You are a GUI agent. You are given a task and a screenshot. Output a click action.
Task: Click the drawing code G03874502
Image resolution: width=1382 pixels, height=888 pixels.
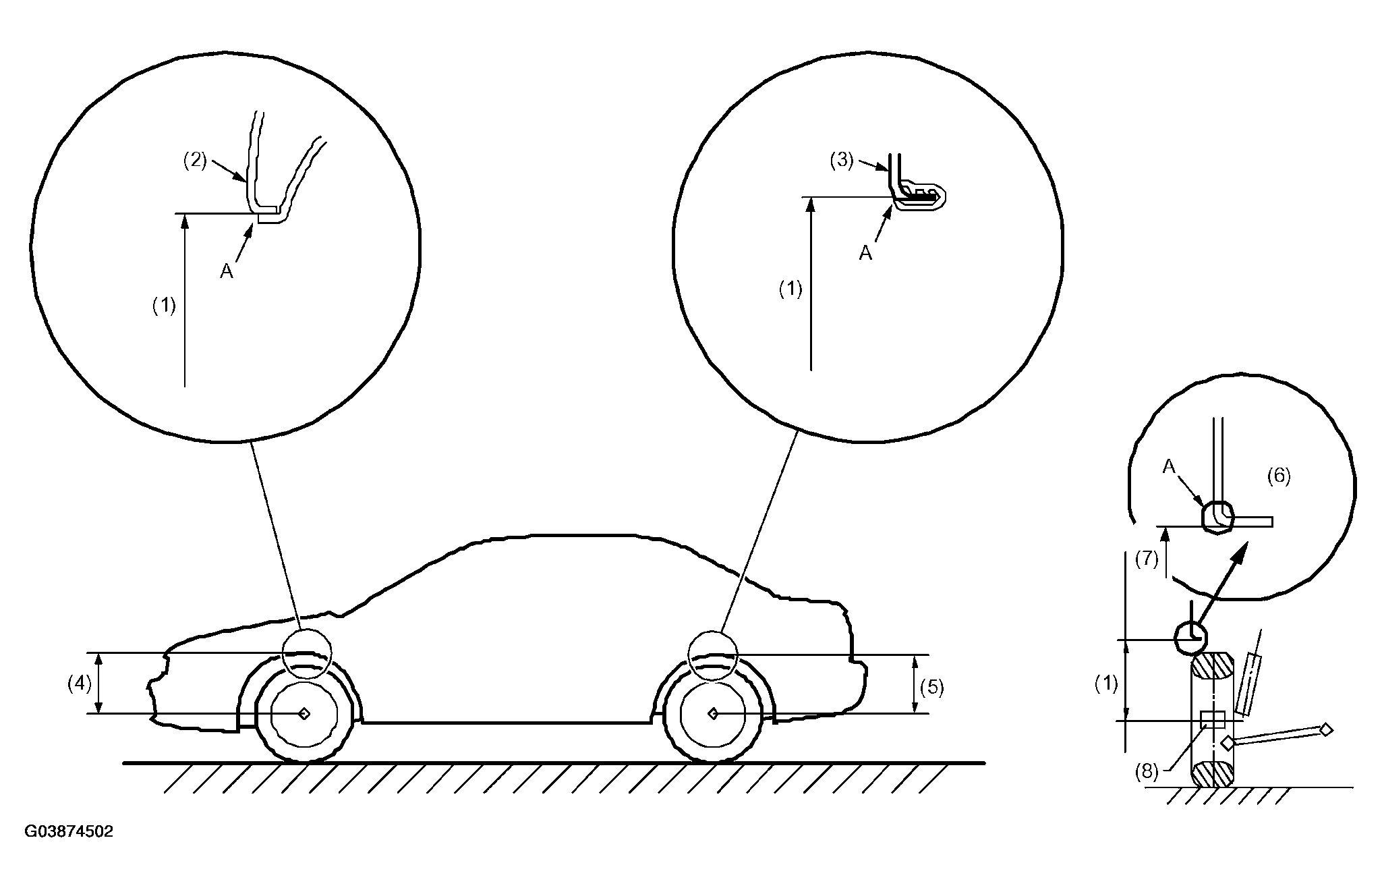pyautogui.click(x=69, y=831)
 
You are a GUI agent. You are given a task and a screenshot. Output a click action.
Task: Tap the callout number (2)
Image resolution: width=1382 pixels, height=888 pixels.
pyautogui.click(x=195, y=162)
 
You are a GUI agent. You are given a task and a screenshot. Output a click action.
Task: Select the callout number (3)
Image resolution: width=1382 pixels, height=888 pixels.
pyautogui.click(x=842, y=162)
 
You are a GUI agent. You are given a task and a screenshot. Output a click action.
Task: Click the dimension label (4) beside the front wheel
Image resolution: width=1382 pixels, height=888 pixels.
pyautogui.click(x=80, y=684)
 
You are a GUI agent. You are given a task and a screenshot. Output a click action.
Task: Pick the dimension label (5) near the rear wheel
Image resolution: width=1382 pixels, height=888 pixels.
pyautogui.click(x=932, y=688)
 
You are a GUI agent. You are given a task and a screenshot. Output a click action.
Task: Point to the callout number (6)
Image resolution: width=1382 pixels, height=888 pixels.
pyautogui.click(x=1279, y=476)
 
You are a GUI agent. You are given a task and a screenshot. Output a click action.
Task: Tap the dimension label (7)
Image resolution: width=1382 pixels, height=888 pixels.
pyautogui.click(x=1147, y=559)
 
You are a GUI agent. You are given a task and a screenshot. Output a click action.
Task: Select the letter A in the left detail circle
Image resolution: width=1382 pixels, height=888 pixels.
pyautogui.click(x=227, y=271)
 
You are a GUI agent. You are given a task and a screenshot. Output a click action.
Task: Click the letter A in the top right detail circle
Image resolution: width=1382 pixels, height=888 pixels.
pyautogui.click(x=865, y=253)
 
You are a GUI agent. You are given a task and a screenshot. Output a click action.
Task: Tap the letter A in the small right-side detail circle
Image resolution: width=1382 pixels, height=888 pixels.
pyautogui.click(x=1169, y=467)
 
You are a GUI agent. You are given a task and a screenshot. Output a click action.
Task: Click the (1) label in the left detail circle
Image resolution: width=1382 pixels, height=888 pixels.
pyautogui.click(x=163, y=306)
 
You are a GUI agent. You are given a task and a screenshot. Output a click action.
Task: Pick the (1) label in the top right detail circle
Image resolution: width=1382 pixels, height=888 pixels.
pyautogui.click(x=790, y=289)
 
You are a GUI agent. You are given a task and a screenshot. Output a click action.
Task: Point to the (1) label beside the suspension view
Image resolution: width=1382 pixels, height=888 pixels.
pyautogui.click(x=1106, y=684)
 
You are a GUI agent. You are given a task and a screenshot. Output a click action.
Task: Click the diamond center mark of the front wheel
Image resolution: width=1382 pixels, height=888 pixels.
pyautogui.click(x=304, y=713)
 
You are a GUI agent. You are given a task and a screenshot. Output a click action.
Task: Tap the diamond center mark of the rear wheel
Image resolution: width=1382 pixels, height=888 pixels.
pyautogui.click(x=713, y=713)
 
